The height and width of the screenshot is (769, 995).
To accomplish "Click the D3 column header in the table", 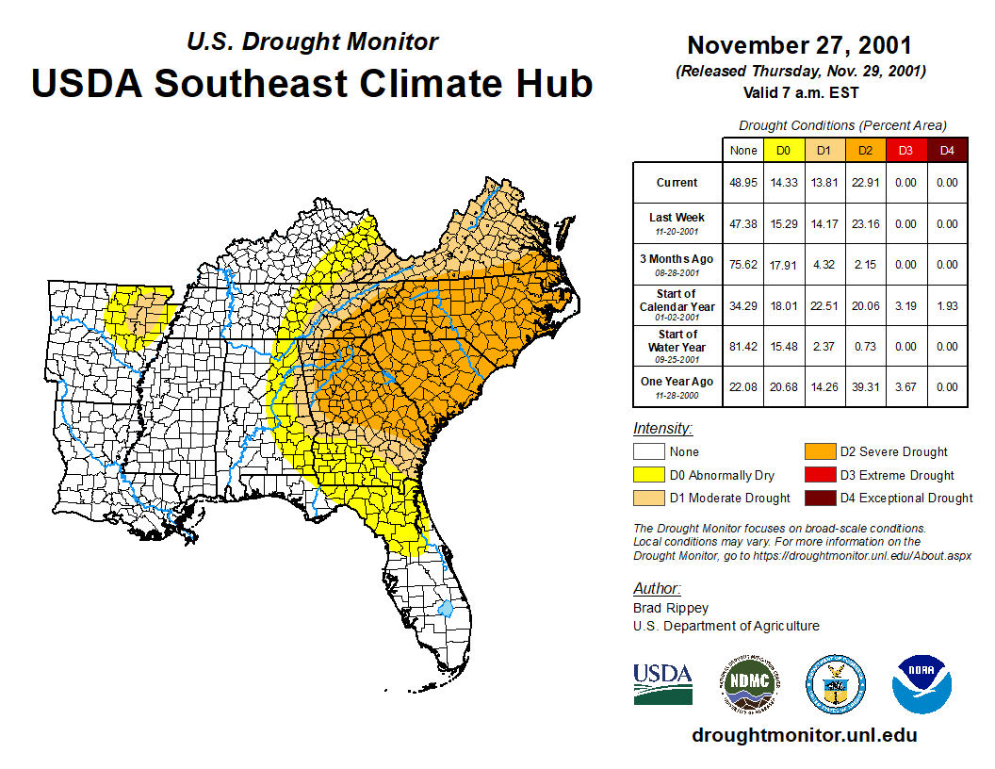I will point(905,150).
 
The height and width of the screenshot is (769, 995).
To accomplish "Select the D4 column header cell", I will point(947,150).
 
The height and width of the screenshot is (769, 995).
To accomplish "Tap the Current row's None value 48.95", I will point(743,183).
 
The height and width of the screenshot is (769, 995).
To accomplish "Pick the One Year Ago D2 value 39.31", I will point(866,386).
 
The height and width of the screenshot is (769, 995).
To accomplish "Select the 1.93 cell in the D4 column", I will point(947,305).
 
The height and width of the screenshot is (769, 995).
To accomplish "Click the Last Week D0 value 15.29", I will point(784,224).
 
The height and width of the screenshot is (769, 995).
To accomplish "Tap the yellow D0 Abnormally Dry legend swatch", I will point(647,475).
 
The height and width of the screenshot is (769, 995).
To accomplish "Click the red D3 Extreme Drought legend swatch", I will point(819,475).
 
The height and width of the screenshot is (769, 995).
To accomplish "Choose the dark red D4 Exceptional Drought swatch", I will point(819,498).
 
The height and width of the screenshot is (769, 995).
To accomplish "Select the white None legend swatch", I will point(647,452).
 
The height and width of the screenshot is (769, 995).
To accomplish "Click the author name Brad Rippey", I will point(671,608).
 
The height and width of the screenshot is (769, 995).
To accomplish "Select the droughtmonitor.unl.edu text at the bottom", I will point(804,735).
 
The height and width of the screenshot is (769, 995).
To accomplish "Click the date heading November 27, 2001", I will point(799,45).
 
